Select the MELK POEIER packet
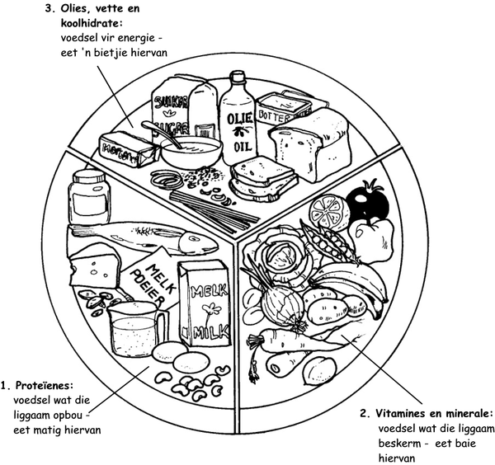pyautogui.click(x=153, y=275)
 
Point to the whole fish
pyautogui.click(x=144, y=236)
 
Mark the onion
pyautogui.click(x=282, y=305)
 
